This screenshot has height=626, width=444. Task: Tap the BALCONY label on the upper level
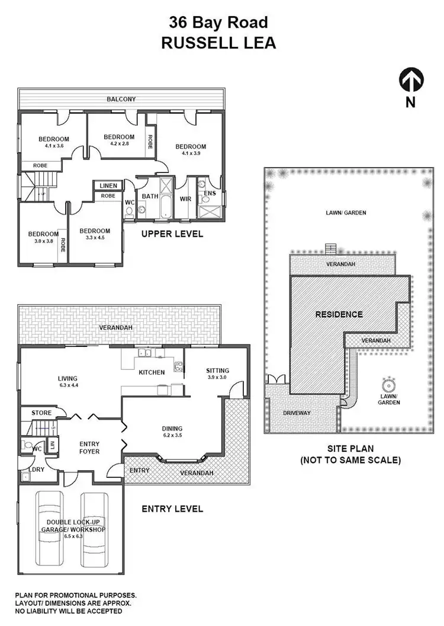(x=121, y=100)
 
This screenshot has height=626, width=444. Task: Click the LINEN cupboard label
(x=108, y=186)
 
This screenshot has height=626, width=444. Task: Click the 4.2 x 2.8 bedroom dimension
(x=118, y=143)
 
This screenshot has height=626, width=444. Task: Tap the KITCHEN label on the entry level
(x=152, y=372)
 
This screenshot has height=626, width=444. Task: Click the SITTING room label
(x=217, y=371)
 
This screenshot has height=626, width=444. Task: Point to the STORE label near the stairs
(x=41, y=413)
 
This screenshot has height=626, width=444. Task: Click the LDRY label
(x=37, y=473)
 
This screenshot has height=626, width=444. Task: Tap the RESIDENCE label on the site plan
(x=339, y=314)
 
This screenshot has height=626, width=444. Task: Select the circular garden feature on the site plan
(x=389, y=384)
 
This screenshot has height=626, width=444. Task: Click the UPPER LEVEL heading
(x=172, y=234)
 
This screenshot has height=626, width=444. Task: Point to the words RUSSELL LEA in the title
(x=218, y=43)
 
